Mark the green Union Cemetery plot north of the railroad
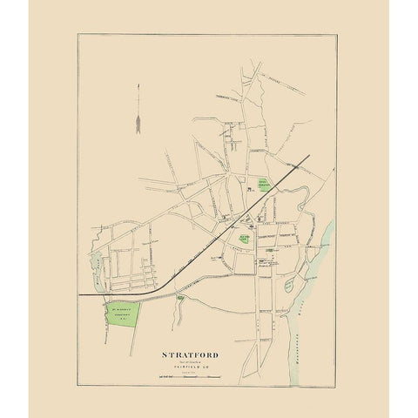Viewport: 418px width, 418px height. coord(266,184)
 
